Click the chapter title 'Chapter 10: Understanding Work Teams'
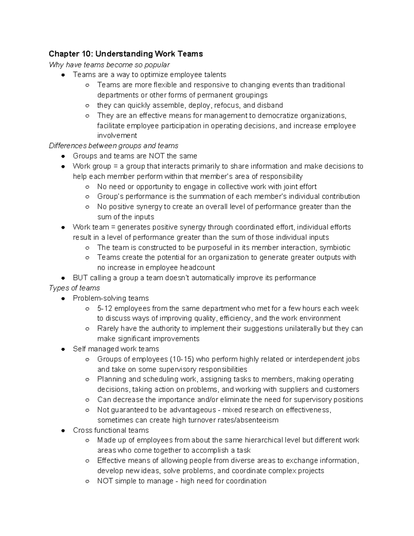point(126,54)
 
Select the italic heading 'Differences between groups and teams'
point(114,146)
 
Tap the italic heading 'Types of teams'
point(74,288)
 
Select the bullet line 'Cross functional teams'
point(111,430)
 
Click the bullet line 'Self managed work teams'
point(116,349)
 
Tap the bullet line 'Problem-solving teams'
point(111,298)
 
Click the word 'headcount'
point(198,267)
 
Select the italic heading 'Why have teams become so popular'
point(109,65)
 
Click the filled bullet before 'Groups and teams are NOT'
point(63,156)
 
